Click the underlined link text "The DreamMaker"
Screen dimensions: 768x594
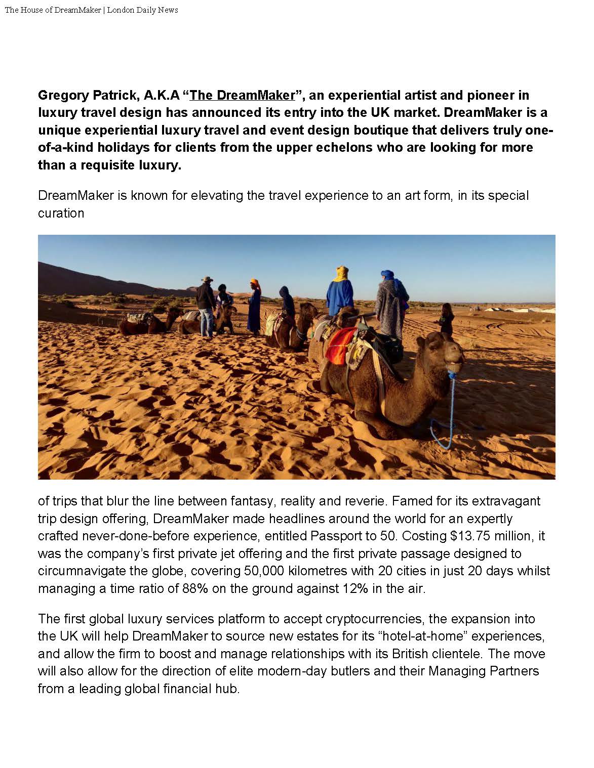point(242,95)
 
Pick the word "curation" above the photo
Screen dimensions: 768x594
point(61,213)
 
